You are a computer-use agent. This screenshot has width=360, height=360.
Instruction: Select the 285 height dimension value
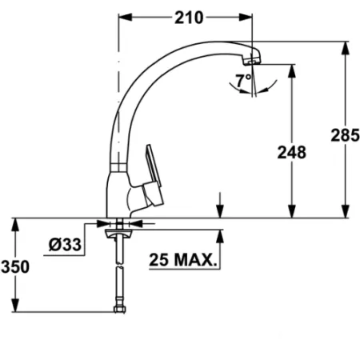coord(344,137)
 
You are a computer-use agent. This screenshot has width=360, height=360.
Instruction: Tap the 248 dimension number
coord(291,152)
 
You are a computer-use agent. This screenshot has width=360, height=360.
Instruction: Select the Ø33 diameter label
coord(66,246)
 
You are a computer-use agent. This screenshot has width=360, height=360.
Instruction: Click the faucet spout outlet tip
coord(252,61)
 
